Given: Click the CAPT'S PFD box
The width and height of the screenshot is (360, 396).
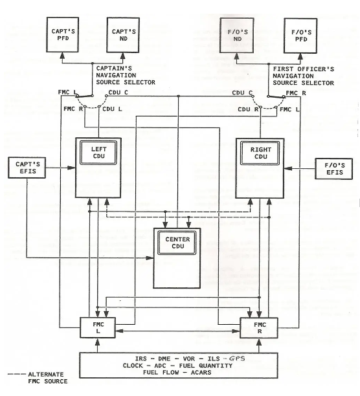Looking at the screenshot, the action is tap(62, 34).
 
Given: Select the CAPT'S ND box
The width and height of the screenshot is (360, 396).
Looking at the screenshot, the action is tap(123, 35).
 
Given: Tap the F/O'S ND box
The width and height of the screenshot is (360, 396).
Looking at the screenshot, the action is tap(237, 36).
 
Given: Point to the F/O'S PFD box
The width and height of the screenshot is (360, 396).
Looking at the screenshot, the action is tap(300, 36).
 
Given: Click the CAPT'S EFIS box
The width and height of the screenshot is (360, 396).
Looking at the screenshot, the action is tap(27, 168).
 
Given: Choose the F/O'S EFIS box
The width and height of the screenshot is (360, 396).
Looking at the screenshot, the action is tap(333, 169).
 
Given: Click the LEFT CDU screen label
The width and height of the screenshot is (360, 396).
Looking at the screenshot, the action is tap(98, 153).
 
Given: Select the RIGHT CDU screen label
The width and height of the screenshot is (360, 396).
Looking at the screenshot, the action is tap(260, 153).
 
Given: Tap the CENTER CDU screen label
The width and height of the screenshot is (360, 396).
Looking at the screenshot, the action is tap(177, 243).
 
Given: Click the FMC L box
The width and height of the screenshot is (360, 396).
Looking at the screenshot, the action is tap(98, 327).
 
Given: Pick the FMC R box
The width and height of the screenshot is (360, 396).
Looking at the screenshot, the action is tap(259, 328).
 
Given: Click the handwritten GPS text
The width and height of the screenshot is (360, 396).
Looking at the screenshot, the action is tap(237, 358).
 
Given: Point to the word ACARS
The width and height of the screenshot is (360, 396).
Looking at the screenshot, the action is tap(201, 372).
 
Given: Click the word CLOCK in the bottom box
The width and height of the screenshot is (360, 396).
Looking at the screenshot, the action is tap(133, 366).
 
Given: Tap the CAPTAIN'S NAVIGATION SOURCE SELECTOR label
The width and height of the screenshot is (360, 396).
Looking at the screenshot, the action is tap(126, 75).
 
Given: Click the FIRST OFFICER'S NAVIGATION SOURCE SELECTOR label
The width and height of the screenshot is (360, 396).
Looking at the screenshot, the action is tap(304, 76).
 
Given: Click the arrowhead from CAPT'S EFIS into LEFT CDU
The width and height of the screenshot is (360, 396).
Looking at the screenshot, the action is tap(72, 168).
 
